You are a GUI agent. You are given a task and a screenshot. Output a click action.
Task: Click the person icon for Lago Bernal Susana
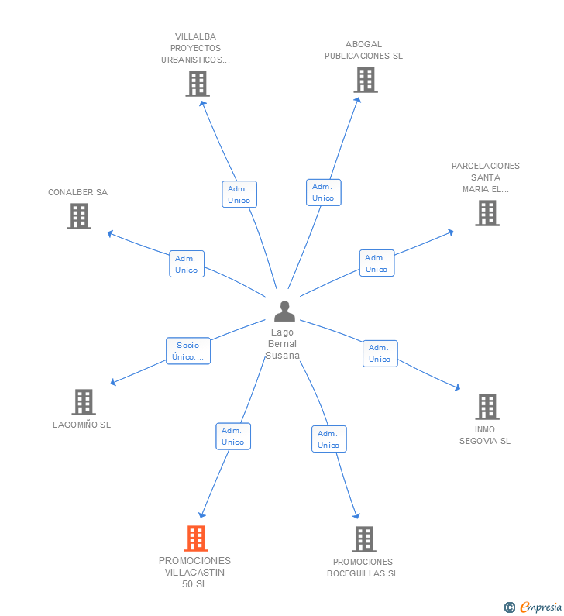[284, 311]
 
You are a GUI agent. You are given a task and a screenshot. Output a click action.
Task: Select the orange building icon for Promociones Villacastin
[196, 539]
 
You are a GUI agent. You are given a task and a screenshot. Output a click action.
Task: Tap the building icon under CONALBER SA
[79, 215]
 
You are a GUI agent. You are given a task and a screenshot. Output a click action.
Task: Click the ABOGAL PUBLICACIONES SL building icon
[365, 80]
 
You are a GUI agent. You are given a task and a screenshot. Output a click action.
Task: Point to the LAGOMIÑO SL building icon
[84, 402]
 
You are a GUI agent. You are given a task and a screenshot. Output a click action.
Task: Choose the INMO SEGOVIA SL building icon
[487, 407]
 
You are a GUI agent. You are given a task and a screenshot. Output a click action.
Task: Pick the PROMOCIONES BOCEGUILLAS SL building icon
[364, 539]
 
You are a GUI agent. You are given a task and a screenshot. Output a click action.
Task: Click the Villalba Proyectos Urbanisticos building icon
[198, 84]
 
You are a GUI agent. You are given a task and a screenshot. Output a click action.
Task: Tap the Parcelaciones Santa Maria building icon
[487, 213]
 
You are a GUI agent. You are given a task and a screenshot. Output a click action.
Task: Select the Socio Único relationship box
[188, 351]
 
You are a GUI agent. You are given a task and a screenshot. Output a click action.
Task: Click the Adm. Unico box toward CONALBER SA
[187, 264]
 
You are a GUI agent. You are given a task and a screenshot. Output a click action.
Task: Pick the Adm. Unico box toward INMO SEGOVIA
[380, 353]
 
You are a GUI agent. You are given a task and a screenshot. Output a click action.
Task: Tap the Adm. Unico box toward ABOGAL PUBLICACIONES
[324, 192]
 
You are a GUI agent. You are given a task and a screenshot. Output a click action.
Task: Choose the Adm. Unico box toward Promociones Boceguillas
[329, 439]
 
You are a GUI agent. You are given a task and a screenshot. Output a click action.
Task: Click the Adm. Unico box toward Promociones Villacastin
[233, 436]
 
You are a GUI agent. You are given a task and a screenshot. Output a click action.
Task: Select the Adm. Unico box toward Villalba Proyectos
[239, 194]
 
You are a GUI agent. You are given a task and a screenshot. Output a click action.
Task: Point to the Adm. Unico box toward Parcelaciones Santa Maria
[377, 263]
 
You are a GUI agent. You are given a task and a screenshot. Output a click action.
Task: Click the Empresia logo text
[541, 607]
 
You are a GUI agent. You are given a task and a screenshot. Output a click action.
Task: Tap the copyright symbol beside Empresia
[510, 607]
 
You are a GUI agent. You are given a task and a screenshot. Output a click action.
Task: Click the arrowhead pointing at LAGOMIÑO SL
[113, 382]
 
